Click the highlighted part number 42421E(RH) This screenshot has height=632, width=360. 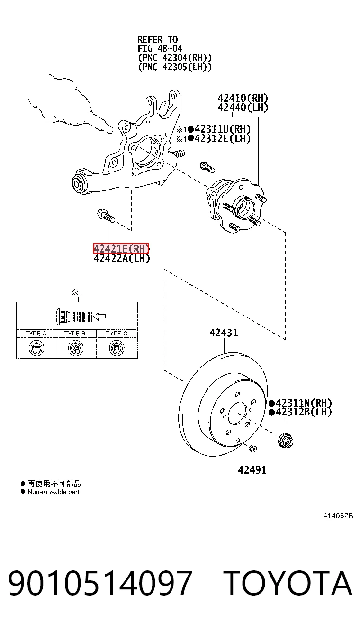[x=121, y=249]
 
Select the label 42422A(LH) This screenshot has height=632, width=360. [x=122, y=258]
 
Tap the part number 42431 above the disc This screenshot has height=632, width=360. [x=224, y=333]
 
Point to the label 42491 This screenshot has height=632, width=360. [x=252, y=470]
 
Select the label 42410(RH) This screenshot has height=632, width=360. [x=243, y=98]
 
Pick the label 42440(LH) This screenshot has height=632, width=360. [x=243, y=108]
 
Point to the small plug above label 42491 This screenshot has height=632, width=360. [x=253, y=448]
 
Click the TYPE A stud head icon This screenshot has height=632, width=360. [x=36, y=348]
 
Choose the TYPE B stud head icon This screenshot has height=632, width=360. [x=76, y=348]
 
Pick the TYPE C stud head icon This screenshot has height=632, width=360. [x=117, y=348]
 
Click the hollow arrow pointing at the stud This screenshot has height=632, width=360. [x=99, y=316]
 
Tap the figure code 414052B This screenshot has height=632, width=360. [x=338, y=516]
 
